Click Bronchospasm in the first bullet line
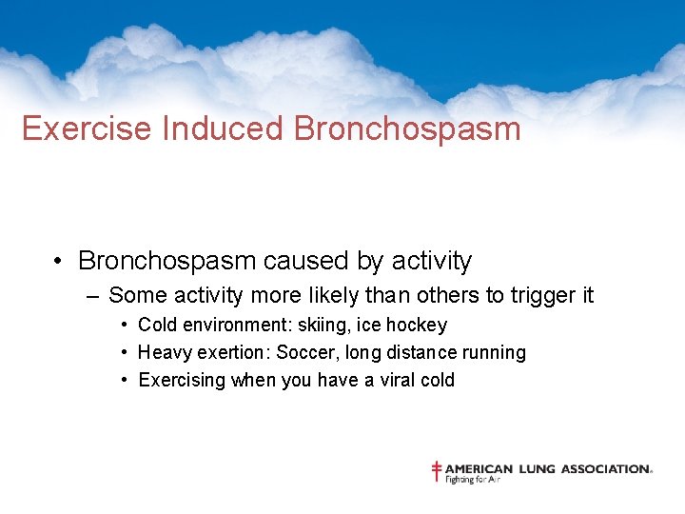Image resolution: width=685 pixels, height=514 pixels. [166, 261]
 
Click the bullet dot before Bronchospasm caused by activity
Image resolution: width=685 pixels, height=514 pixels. [58, 262]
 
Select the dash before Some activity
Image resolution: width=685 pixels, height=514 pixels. [90, 296]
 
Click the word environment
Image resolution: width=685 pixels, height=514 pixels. [226, 326]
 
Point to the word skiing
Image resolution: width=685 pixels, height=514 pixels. [308, 326]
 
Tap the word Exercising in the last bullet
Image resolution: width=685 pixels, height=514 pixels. [182, 381]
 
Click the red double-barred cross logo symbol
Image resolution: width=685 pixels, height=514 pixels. [437, 471]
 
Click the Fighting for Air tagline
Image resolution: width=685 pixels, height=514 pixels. [473, 480]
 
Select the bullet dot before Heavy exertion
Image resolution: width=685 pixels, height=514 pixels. [126, 353]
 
